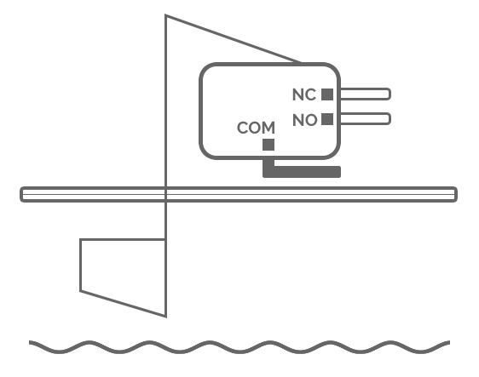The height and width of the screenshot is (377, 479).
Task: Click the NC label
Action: [x=304, y=94]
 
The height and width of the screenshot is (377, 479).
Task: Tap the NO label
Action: [x=304, y=120]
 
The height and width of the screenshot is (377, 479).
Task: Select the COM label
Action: [x=256, y=128]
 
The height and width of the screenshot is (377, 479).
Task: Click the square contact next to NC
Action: [x=327, y=94]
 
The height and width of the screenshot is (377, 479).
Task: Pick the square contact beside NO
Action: [x=327, y=119]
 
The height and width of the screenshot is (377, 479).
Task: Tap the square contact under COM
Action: [x=268, y=145]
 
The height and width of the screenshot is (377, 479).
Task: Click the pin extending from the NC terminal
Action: [x=366, y=94]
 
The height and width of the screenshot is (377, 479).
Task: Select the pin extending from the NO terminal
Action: [x=366, y=118]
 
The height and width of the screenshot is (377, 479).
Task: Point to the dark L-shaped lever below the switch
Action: [x=302, y=171]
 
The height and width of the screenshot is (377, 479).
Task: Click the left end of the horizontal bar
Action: [x=21, y=194]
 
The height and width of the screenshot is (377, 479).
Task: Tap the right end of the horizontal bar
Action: [x=456, y=194]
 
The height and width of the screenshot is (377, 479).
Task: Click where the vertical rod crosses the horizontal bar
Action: [x=165, y=194]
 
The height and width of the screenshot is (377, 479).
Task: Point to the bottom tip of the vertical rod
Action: [x=166, y=317]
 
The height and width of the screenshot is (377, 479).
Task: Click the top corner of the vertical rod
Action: [x=165, y=14]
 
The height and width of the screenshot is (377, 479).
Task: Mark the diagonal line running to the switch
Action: [x=233, y=39]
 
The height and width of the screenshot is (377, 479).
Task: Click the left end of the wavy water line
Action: [x=30, y=342]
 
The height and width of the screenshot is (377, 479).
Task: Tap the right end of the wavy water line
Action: [x=450, y=342]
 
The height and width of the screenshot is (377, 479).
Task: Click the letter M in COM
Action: [x=268, y=128]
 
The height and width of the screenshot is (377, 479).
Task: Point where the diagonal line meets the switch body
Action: [x=301, y=63]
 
